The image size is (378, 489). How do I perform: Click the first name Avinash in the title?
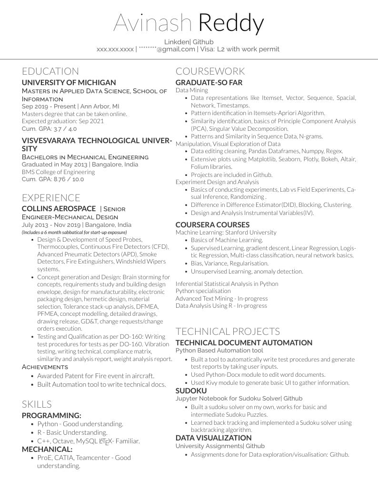pos(152,23)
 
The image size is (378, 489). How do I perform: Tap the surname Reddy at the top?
pos(231,23)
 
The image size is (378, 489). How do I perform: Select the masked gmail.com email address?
pos(167,49)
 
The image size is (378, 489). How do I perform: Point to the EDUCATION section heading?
pos(50,71)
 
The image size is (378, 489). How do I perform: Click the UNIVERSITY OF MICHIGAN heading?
pos(69,82)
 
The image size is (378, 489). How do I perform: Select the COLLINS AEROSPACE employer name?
pos(59,209)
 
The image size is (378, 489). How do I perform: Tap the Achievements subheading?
pos(45,367)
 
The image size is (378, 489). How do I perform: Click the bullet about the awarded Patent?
pos(96,376)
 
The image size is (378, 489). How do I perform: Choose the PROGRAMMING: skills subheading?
pos(51,415)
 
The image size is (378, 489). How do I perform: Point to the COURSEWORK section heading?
pos(210,71)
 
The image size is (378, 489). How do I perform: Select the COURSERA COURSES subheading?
pos(212,225)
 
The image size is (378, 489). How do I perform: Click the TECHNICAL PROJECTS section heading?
pos(228,332)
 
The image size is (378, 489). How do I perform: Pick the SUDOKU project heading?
pos(191,391)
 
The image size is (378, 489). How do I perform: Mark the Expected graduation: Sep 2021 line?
pos(63,121)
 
